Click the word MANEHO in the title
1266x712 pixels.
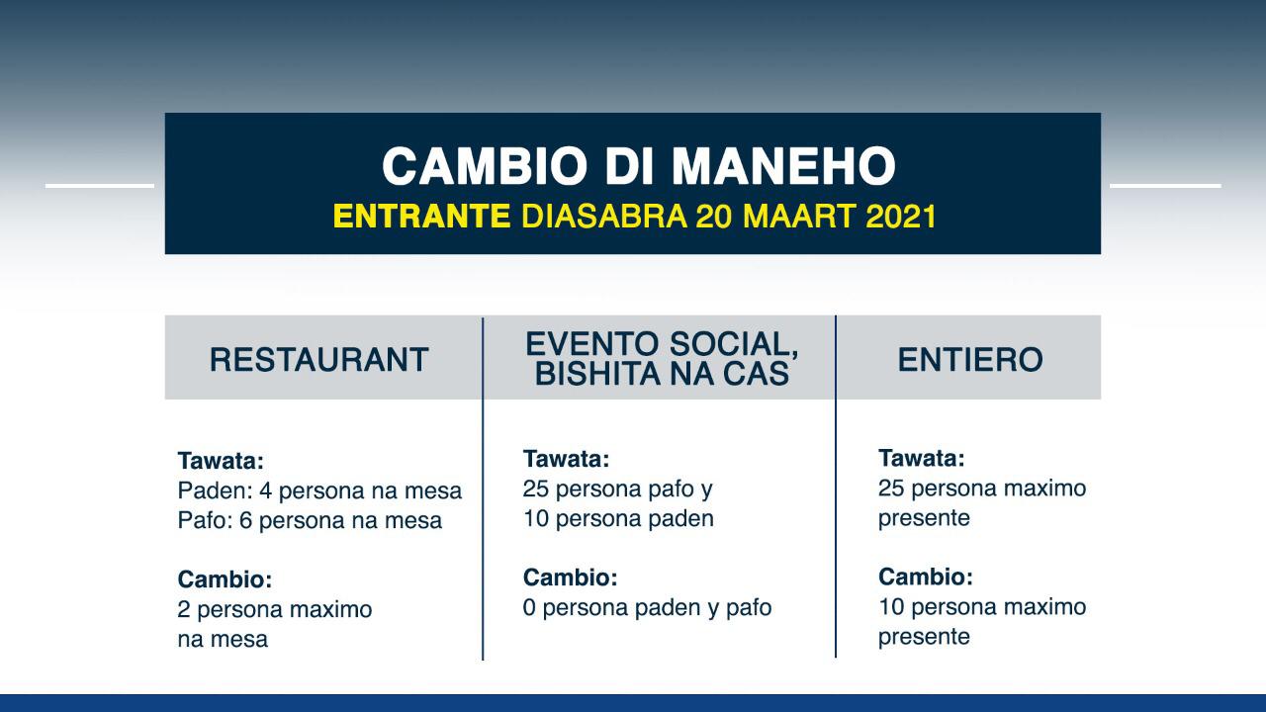point(783,166)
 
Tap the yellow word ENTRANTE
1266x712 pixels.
point(422,216)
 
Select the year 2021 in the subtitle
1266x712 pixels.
point(901,216)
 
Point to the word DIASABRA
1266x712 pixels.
point(604,216)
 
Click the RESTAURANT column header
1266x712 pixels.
point(319,359)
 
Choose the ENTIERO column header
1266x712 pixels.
point(970,359)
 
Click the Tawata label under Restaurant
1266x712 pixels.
point(221,461)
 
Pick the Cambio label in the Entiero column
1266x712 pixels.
point(926,577)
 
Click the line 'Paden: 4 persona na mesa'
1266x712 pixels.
point(319,490)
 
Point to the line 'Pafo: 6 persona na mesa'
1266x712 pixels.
point(310,520)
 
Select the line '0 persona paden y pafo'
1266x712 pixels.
point(647,607)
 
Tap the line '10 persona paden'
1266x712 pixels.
point(618,519)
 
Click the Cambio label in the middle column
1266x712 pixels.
point(571,578)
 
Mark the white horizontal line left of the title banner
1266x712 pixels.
point(100,185)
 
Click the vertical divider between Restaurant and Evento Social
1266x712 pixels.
point(483,489)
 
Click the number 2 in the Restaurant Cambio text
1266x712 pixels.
point(184,609)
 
